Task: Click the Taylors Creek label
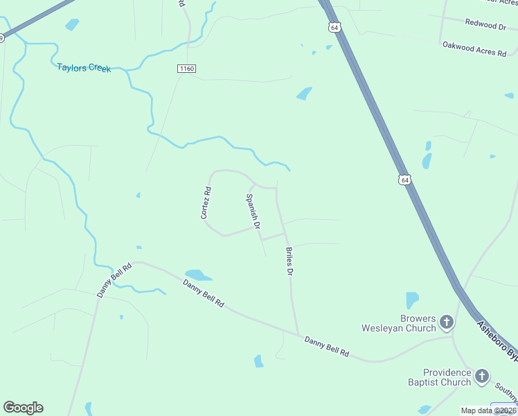coord(84,68)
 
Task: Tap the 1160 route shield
coord(186,69)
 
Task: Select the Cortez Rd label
coord(206,202)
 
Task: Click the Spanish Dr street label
coord(253,211)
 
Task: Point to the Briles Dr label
coord(289,261)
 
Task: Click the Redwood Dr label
coord(485,25)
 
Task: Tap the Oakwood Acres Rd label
coord(474,49)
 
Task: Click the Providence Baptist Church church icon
coord(482,377)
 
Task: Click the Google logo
coord(23,408)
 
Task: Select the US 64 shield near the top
coord(335,27)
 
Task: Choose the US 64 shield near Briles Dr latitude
coord(404,180)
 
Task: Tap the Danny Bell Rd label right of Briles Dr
coord(325,345)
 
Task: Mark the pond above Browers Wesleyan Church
coord(412,300)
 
